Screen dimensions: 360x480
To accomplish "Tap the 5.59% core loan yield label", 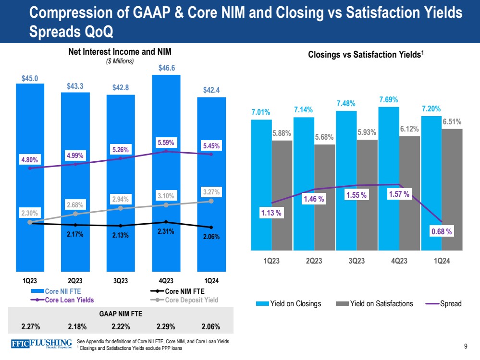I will click(x=166, y=143).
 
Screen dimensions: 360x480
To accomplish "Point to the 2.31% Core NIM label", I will click(x=166, y=231).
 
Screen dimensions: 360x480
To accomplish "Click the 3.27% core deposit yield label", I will click(x=211, y=192).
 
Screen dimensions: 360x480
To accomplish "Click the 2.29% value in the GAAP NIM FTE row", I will click(x=166, y=327).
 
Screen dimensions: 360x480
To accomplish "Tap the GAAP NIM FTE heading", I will click(x=121, y=313).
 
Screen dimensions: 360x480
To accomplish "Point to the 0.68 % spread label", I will click(x=442, y=231).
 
